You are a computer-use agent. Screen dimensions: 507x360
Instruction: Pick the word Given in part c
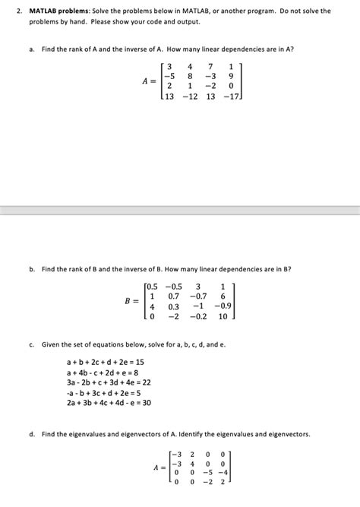[54, 344]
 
